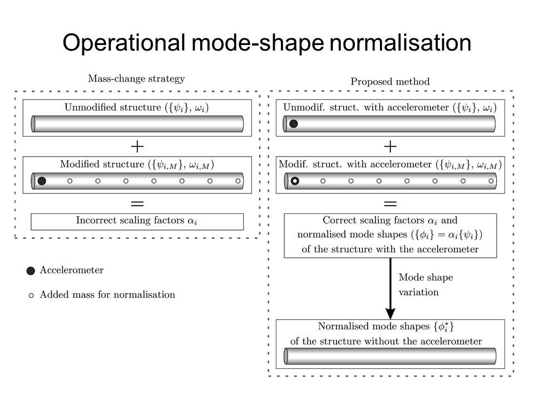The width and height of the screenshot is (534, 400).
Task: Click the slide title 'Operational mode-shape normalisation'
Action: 267,43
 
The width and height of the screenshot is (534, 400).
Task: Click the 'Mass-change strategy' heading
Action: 136,79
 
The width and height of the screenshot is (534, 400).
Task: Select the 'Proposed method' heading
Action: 390,82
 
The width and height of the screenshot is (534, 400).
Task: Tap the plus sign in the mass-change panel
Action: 137,146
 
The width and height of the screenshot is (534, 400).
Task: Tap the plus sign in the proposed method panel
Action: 390,146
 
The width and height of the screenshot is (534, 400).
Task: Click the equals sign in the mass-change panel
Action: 137,203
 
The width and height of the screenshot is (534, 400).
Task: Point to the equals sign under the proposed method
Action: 390,203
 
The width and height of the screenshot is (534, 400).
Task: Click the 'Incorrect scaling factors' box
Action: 137,221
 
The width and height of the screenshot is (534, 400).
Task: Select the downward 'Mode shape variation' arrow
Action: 390,289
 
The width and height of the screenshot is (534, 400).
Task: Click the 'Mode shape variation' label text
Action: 418,284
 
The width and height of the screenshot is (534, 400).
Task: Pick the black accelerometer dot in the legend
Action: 31,271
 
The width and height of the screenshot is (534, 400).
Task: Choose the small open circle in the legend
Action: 31,295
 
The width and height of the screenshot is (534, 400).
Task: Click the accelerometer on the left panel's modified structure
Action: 42,181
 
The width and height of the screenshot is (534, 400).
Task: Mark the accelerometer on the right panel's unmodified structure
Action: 294,123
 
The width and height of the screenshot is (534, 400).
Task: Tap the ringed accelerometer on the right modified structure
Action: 295,181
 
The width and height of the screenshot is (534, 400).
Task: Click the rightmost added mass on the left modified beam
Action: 238,181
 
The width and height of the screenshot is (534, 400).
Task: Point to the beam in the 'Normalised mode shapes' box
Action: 390,356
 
